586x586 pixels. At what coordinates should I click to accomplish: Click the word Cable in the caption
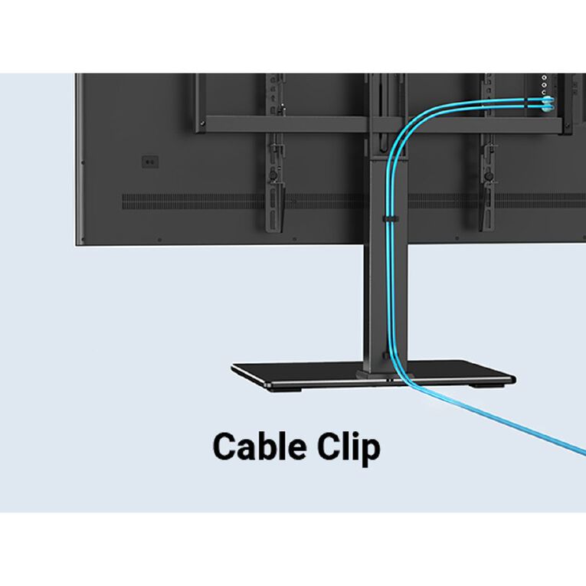[x=261, y=446]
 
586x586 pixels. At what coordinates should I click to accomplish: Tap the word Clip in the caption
[x=349, y=448]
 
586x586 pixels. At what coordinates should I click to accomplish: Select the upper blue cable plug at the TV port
[x=548, y=100]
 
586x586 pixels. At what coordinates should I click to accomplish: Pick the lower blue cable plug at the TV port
[x=548, y=108]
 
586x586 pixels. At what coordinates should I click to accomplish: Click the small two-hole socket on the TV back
[x=150, y=162]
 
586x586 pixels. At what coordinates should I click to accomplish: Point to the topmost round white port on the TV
[x=544, y=77]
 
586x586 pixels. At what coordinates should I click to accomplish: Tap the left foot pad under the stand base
[x=286, y=389]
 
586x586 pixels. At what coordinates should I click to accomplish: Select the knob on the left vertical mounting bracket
[x=273, y=175]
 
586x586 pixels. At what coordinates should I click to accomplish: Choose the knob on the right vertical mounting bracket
[x=488, y=175]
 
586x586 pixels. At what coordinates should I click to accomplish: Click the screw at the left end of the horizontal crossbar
[x=202, y=123]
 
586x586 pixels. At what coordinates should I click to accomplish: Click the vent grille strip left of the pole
[x=243, y=201]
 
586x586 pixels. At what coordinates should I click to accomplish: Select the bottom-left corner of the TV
[x=77, y=245]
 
